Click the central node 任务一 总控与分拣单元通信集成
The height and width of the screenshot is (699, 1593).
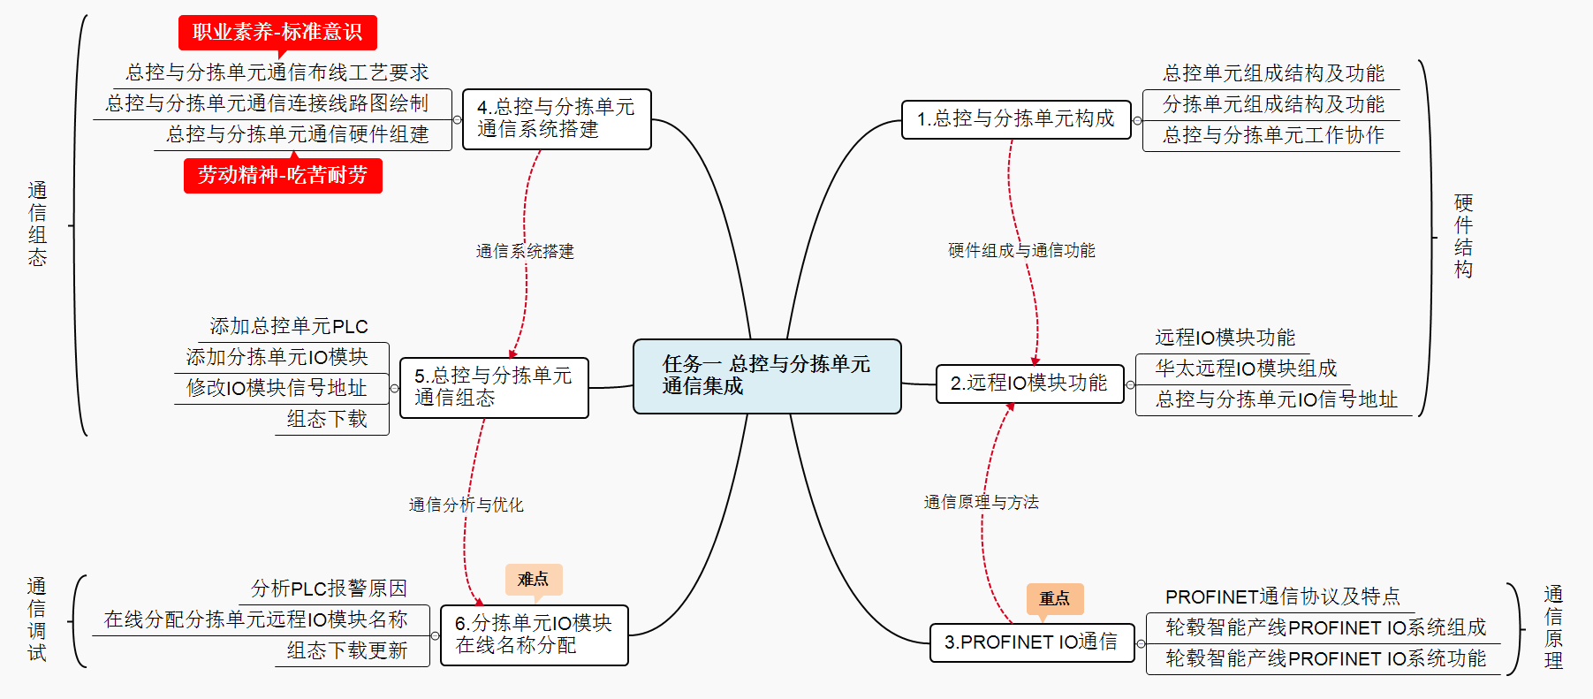pos(767,376)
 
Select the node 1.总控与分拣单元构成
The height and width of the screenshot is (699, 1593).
pos(1016,119)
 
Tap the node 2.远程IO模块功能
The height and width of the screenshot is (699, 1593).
pos(1029,384)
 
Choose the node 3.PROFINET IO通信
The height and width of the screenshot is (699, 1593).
pos(1031,642)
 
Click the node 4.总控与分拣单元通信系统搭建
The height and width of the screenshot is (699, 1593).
pos(557,119)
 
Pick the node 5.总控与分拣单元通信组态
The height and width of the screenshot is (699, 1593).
pos(494,387)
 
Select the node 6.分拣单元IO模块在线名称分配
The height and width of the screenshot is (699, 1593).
pos(534,634)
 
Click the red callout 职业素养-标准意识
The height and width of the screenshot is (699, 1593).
pos(277,33)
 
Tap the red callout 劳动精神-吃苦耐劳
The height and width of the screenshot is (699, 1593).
pos(283,175)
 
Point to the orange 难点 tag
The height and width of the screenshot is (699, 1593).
pos(534,580)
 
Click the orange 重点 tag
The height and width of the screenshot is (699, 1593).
pos(1054,598)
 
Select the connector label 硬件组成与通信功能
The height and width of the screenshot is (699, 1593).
pos(1021,251)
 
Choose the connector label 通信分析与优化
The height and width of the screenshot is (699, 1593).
pos(466,505)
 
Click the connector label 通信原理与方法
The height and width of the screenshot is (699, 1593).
pos(981,503)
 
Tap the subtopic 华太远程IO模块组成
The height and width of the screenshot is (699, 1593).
pos(1246,368)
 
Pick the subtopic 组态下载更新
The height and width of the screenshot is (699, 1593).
pos(347,651)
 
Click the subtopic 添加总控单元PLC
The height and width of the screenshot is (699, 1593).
pos(289,327)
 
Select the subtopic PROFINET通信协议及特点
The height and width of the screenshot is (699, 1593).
pos(1282,597)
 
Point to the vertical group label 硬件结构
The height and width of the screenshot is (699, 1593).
pos(1463,236)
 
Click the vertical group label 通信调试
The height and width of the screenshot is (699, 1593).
pos(37,619)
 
